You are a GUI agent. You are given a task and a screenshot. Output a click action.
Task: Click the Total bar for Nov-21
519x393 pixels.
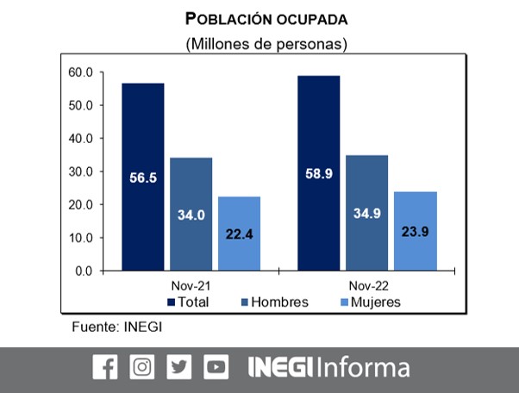pos(143,177)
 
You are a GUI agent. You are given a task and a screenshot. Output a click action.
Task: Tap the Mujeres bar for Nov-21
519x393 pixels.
pos(239,234)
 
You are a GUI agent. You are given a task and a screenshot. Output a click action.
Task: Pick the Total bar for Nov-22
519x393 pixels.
pos(318,173)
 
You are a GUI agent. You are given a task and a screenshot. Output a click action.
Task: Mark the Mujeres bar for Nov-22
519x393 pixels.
pos(416,231)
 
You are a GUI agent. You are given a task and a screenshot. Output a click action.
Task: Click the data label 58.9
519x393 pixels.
pos(318,173)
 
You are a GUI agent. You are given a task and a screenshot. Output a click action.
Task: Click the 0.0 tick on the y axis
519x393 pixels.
pos(84,271)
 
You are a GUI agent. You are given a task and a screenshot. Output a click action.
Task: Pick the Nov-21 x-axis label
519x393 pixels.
pos(191,285)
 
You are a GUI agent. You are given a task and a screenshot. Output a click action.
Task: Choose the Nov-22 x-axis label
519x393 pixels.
pos(366,285)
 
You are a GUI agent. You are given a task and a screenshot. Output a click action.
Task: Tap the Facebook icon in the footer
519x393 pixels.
pos(104,367)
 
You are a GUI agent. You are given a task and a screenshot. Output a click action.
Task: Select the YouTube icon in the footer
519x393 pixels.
pos(216,367)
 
